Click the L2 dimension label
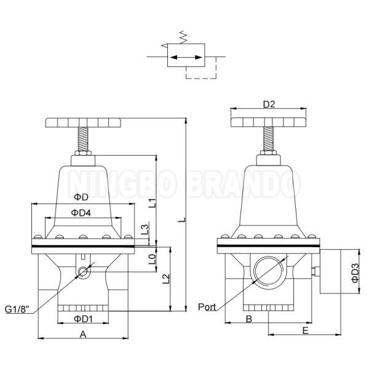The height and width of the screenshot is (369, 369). [x=165, y=279]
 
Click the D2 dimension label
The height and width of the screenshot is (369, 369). [x=268, y=105]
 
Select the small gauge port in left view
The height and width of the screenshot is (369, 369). [x=82, y=271]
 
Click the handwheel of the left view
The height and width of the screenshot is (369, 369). [x=83, y=122]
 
